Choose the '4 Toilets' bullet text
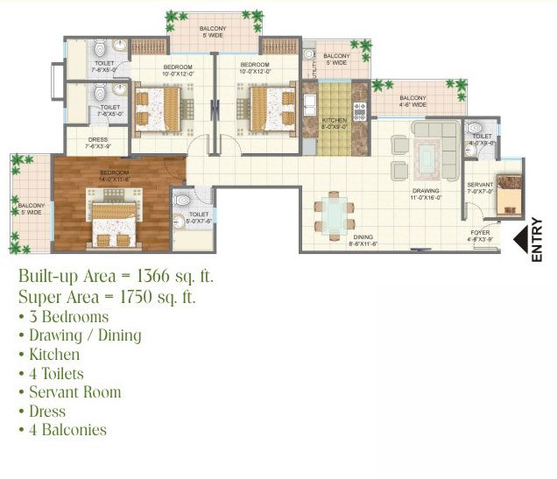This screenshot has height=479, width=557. [59, 373]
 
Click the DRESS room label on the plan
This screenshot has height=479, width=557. [97, 142]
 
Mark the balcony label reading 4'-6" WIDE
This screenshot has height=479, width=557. [413, 101]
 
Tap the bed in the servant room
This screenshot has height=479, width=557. [508, 194]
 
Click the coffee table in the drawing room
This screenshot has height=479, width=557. [429, 158]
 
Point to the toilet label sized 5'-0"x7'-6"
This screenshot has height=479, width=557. [199, 217]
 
